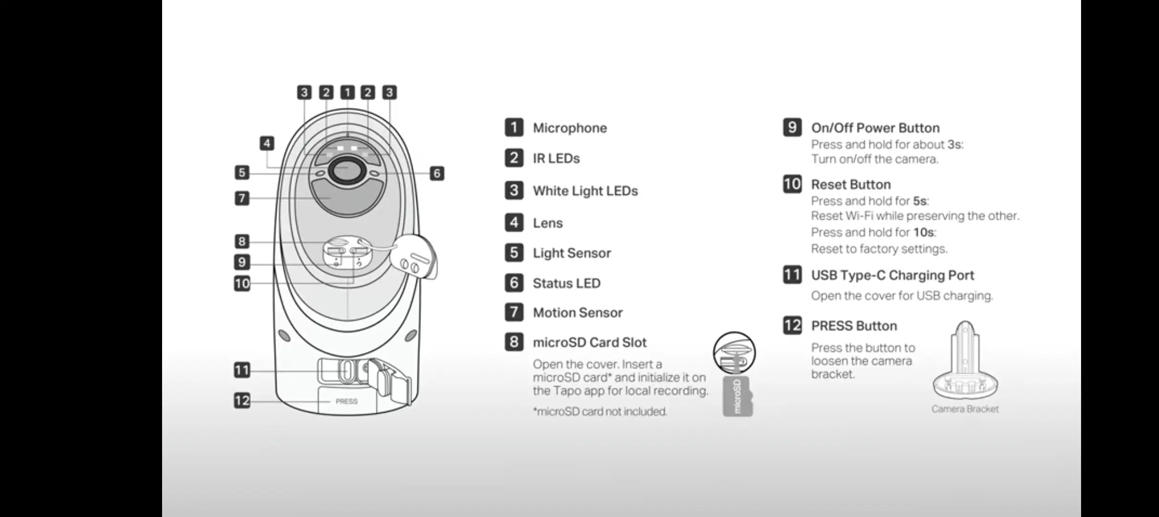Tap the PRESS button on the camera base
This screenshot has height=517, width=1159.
(347, 401)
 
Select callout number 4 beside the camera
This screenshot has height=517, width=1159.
(267, 143)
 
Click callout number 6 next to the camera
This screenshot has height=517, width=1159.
(437, 173)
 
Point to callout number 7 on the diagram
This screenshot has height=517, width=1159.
(242, 198)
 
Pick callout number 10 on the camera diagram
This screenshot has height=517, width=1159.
(242, 283)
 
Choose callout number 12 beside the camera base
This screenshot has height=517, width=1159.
(242, 400)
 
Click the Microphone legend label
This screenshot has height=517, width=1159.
(569, 128)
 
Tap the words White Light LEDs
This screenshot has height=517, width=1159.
(585, 191)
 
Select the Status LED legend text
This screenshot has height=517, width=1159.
(567, 283)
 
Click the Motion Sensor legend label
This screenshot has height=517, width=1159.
(578, 313)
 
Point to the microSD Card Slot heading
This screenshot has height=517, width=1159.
(590, 342)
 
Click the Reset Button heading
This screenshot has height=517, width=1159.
(851, 184)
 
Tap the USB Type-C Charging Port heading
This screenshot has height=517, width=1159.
(892, 275)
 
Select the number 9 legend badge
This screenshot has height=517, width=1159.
(792, 127)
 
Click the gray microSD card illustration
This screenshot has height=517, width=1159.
(737, 396)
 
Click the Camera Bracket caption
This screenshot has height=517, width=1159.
(965, 409)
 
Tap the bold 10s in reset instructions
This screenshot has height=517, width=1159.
(923, 232)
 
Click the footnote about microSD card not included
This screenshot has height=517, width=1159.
(600, 411)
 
